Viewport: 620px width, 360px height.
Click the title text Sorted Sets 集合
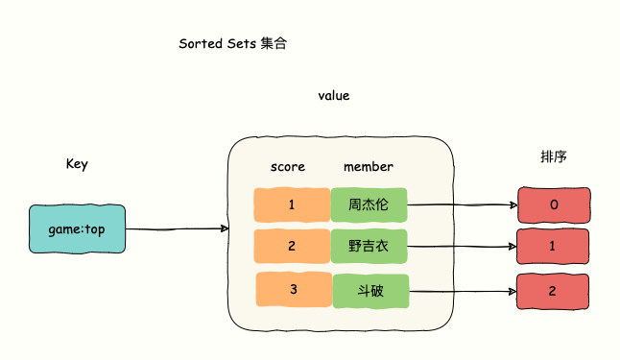tap(232, 44)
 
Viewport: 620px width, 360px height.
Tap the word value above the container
tap(334, 96)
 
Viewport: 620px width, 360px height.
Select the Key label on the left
tap(77, 164)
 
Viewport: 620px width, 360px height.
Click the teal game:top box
tap(77, 229)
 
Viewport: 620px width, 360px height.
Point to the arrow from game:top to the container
tap(177, 229)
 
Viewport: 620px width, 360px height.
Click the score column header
tap(288, 167)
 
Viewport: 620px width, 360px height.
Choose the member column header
tap(369, 167)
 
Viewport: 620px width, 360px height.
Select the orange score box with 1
tap(291, 204)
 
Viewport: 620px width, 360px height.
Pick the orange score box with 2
tap(291, 246)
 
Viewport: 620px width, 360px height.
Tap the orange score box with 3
tap(293, 290)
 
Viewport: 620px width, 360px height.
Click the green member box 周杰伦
tap(370, 204)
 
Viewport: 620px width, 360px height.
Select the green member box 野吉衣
tap(370, 246)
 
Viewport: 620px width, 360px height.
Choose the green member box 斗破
tap(370, 290)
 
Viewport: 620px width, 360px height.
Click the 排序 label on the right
tap(554, 156)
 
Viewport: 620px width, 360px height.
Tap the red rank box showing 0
tap(554, 205)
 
